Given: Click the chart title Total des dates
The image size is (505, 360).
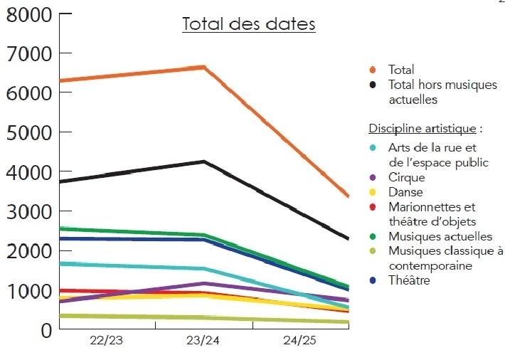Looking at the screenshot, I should (x=249, y=24).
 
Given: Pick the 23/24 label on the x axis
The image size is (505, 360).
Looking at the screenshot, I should (x=203, y=342).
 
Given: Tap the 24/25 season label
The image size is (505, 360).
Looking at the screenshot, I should (x=299, y=342).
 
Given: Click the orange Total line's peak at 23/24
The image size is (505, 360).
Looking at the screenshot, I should (x=204, y=67).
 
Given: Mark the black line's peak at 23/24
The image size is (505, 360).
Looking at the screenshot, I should (x=204, y=162).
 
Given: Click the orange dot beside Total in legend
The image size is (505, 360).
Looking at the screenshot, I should (x=373, y=70).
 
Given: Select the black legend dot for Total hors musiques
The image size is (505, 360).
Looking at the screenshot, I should (x=373, y=85).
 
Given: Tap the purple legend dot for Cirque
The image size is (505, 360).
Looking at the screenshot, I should (x=373, y=178).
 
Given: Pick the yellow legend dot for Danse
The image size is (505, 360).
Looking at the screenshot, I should (x=373, y=192).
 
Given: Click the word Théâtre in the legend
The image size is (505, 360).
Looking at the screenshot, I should (x=409, y=281).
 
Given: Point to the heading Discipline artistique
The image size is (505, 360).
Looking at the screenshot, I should (x=422, y=129).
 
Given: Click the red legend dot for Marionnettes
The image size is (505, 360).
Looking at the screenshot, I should (x=373, y=208).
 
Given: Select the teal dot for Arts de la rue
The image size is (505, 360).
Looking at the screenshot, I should (x=373, y=148).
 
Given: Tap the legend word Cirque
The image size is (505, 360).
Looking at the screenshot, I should (x=406, y=178).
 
